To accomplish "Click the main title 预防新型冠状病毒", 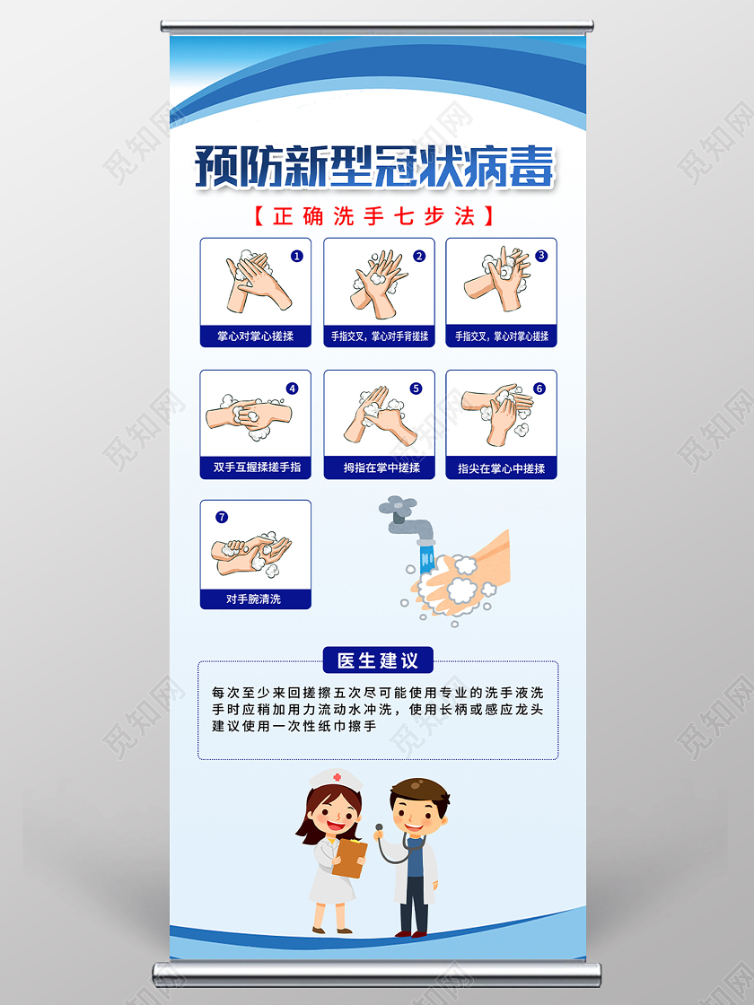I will pos(375,167).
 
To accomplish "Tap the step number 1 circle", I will pos(297,256).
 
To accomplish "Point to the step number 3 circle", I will pos(541,255).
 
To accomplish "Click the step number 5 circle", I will pos(416,389).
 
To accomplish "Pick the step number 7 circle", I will pos(222,517).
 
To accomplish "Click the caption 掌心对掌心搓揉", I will pos(256,336).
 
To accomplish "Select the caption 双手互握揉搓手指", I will pos(256,468).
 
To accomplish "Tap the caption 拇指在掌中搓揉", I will pos(380,468).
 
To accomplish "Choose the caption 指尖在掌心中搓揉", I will pos(501,468).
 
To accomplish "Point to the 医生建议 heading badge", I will pos(378,660).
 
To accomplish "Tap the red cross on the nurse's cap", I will pos(337,777).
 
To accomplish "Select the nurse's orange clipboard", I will pos(350,858).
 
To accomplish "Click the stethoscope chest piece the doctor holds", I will pos(379,827).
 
